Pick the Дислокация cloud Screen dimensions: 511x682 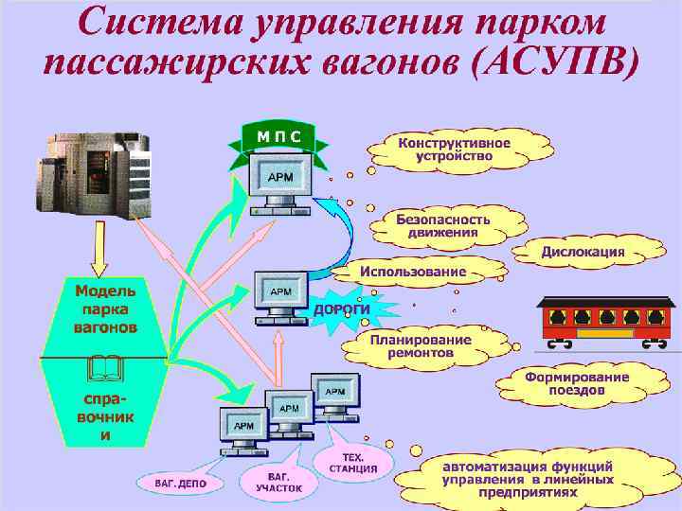click(x=583, y=252)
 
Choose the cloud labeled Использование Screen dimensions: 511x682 click(x=413, y=272)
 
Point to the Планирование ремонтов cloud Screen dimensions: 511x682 click(x=420, y=345)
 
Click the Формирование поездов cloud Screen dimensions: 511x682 click(x=577, y=383)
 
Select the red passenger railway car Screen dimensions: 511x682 click(x=606, y=320)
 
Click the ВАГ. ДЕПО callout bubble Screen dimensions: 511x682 click(x=180, y=483)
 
